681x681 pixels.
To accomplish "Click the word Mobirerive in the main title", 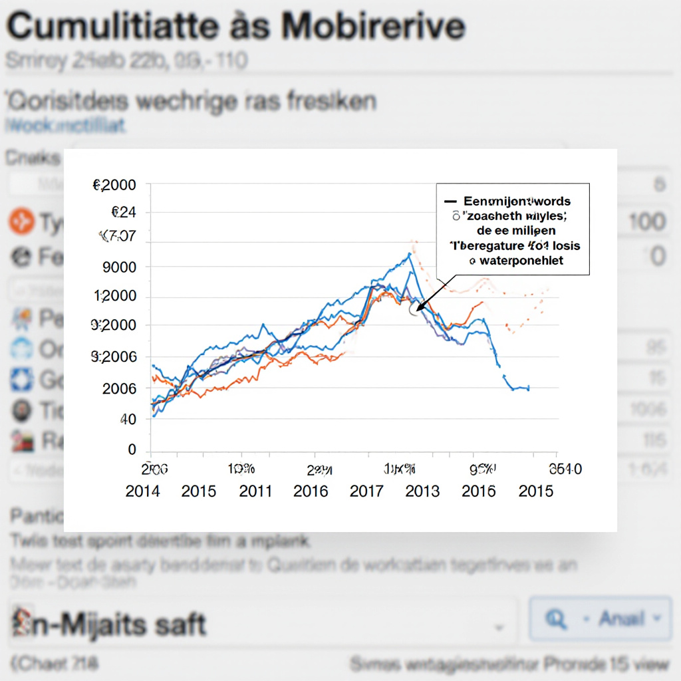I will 372,27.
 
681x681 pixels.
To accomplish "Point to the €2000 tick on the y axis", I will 114,186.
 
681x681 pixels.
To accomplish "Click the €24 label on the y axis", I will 123,213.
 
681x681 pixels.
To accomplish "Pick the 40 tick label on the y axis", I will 128,420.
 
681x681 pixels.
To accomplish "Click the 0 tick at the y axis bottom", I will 132,450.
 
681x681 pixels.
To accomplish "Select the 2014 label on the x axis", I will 142,491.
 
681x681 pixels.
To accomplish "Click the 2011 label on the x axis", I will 255,491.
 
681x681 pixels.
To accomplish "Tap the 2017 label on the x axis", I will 366,491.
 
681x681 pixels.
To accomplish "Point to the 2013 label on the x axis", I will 422,491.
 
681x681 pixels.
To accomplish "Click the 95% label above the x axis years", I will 481,470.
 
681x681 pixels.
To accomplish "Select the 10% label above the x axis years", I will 241,470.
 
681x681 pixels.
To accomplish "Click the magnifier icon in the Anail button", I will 554,619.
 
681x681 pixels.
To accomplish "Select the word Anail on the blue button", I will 621,619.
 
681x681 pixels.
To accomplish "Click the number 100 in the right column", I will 646,221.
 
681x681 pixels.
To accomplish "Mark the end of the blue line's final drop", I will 529,388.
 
